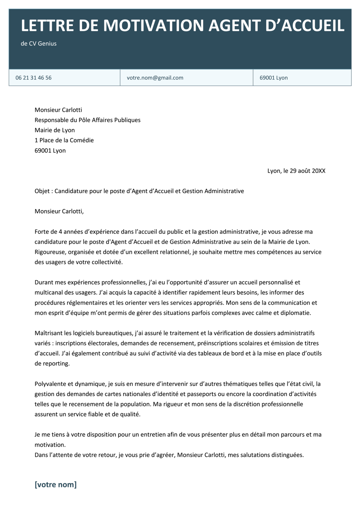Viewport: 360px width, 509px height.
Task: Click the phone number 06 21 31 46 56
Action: [x=33, y=78]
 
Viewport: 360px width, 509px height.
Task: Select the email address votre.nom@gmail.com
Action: [x=155, y=78]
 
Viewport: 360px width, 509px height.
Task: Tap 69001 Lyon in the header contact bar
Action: [x=274, y=78]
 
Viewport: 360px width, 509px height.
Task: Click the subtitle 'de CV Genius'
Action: [x=39, y=44]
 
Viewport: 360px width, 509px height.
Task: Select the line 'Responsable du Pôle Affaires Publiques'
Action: [x=87, y=120]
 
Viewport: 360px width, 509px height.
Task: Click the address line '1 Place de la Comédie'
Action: [x=64, y=140]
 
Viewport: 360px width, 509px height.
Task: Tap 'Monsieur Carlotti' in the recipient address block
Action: [x=58, y=110]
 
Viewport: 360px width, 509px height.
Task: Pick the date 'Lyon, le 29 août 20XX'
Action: [x=296, y=171]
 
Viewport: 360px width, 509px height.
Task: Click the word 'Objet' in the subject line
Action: [x=42, y=191]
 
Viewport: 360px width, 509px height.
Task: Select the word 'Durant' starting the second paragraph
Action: [x=44, y=282]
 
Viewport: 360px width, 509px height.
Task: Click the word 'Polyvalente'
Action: [x=50, y=384]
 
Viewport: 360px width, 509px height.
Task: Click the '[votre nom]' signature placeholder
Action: [x=55, y=485]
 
